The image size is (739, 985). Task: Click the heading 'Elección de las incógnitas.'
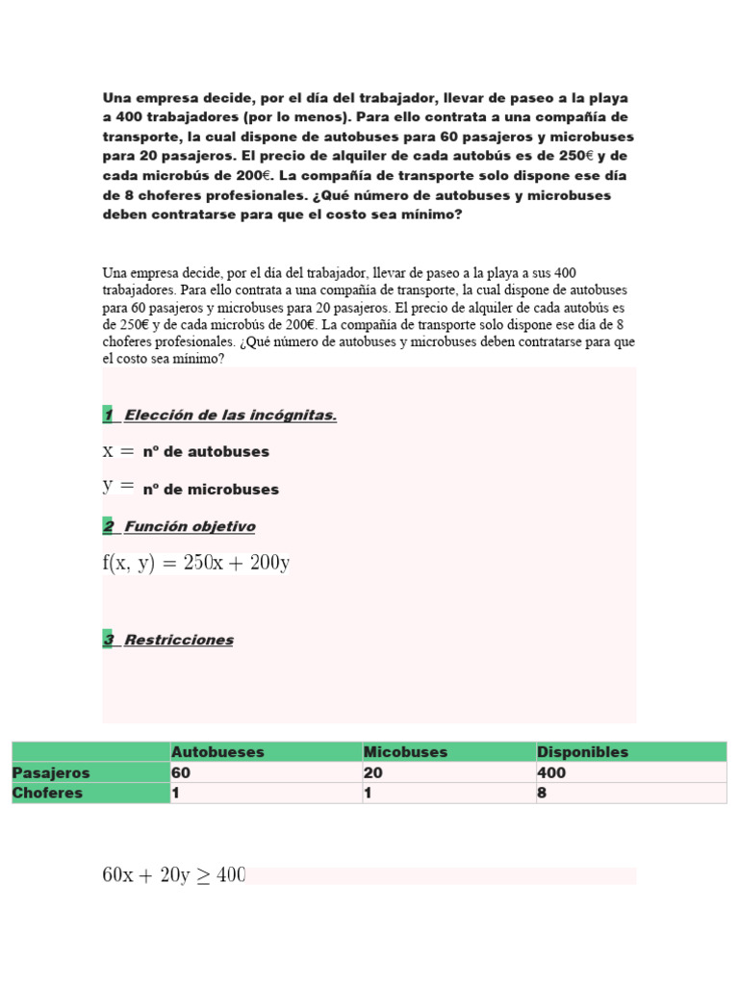tap(230, 416)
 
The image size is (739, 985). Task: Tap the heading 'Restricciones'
tap(179, 641)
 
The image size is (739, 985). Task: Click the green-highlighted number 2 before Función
tap(108, 527)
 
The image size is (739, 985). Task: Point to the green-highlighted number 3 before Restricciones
tap(108, 641)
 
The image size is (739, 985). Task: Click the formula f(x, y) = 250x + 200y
tap(196, 564)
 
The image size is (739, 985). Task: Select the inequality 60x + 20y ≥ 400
tap(174, 875)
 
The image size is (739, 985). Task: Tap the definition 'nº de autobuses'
tap(206, 452)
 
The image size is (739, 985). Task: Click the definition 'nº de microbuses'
tap(211, 490)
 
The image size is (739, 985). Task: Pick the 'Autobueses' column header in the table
tap(217, 752)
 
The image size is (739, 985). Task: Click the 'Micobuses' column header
tap(405, 752)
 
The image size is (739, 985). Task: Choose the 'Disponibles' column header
tap(582, 752)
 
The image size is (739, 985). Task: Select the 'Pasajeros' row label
tap(51, 773)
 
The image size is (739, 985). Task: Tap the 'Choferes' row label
tap(47, 794)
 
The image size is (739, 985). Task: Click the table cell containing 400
tap(552, 773)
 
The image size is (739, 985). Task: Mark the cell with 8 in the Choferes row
tap(543, 794)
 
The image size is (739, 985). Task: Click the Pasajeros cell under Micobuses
tap(372, 773)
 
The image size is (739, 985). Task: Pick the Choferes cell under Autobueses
tap(176, 794)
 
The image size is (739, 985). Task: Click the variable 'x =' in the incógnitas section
tap(119, 451)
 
